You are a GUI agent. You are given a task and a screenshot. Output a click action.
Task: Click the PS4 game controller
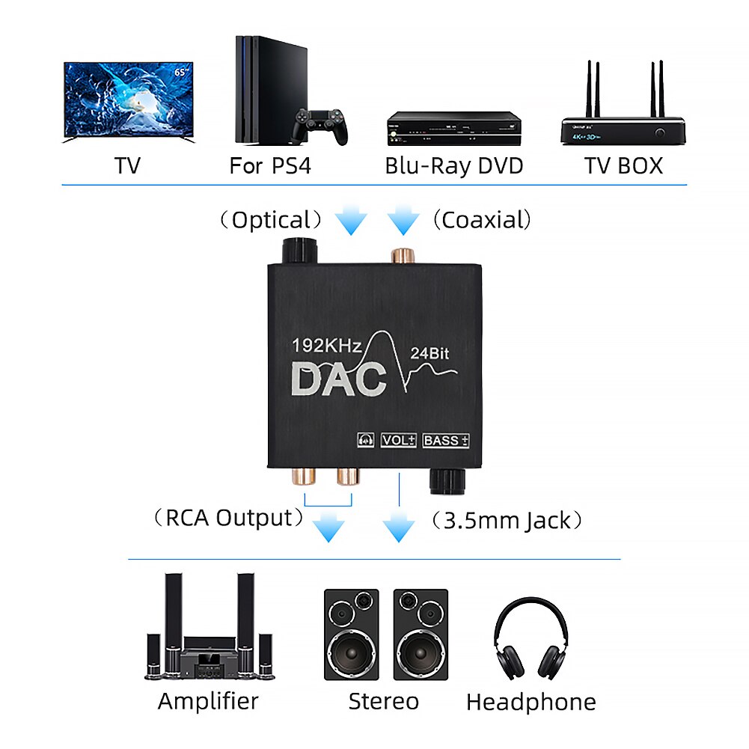[320, 126]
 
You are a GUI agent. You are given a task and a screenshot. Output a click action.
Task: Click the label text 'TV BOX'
[623, 165]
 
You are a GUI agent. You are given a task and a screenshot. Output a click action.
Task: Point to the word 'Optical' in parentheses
[271, 220]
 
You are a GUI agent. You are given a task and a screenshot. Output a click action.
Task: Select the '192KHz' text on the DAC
[328, 346]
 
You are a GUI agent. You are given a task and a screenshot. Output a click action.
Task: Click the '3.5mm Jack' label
[507, 520]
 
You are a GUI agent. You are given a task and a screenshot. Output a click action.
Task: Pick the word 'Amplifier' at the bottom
[208, 701]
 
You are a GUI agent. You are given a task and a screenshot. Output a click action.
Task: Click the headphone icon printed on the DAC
[366, 440]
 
